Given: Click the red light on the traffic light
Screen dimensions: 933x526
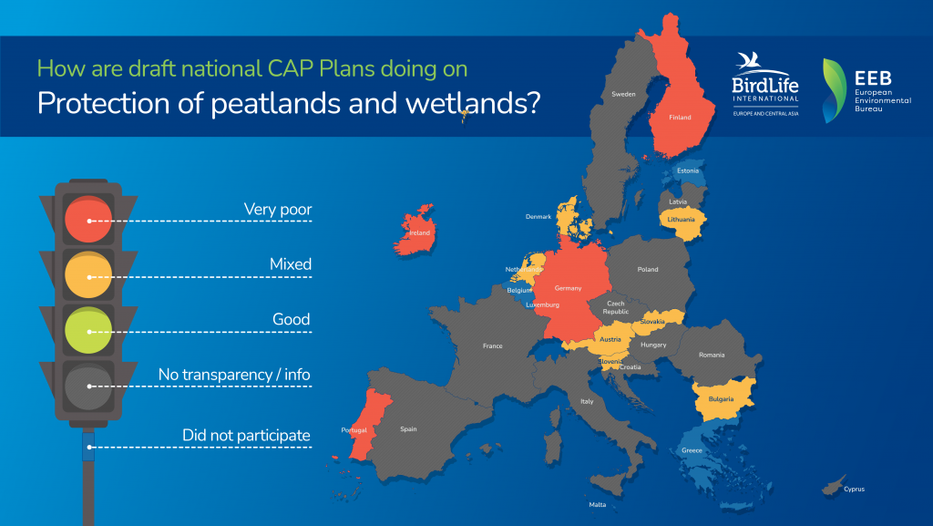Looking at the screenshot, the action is point(88,220).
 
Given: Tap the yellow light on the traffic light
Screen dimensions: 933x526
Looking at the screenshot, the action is point(88,275).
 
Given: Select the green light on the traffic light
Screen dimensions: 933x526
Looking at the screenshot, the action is point(88,330).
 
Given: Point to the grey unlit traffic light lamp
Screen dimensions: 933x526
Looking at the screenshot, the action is point(88,387).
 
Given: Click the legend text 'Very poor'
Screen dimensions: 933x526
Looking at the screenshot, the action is point(278,210).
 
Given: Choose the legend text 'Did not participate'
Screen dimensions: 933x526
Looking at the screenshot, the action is point(246,436).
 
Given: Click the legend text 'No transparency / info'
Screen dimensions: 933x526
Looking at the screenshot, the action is point(234,375).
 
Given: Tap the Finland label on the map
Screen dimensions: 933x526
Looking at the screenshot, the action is point(680,118).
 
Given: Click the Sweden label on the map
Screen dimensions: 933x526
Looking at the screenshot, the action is point(623,94).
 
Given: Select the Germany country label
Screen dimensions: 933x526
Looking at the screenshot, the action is point(568,288).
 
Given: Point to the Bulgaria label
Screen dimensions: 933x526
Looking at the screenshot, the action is point(722,398).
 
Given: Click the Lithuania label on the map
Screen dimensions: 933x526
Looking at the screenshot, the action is point(681,220).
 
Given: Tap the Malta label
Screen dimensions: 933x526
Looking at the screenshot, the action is point(598,505).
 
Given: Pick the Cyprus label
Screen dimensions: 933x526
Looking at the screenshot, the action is point(854,490).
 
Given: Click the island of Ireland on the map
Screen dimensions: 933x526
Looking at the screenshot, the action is point(415,231).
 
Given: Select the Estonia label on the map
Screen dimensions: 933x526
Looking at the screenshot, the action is point(688,170).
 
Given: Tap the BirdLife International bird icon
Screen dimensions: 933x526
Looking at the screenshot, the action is point(749,61).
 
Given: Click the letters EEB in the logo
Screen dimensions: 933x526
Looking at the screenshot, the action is point(873,78).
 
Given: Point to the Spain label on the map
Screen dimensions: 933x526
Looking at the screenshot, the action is point(408,429).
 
